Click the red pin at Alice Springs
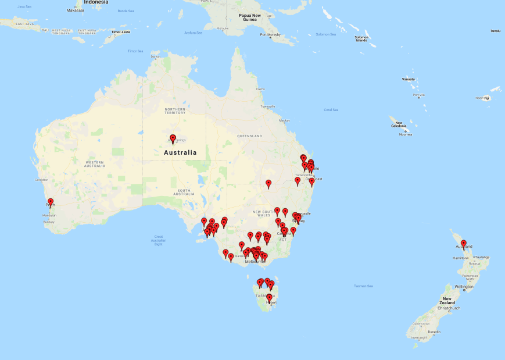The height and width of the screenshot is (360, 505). coord(173,138)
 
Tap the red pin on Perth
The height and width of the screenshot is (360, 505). coord(51,202)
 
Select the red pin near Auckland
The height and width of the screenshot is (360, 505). coord(463,243)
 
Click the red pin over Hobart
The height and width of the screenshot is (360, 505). coord(269,297)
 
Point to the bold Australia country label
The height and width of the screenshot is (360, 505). coord(180,152)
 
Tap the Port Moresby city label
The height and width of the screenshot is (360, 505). coord(270,35)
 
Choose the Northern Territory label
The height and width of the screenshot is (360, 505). coord(175,111)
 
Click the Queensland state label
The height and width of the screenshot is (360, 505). coord(250,136)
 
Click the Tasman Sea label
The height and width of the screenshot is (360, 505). coord(363,286)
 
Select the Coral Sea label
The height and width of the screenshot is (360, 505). coord(331,109)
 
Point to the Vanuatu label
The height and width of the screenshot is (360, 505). coord(409,79)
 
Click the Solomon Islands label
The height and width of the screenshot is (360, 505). coord(361,39)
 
